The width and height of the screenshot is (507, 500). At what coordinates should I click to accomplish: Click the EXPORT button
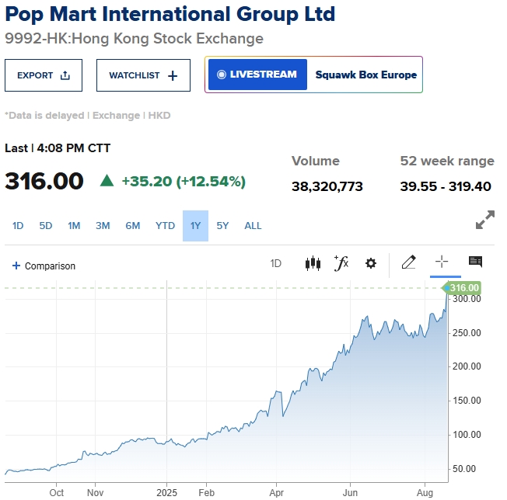(x=44, y=75)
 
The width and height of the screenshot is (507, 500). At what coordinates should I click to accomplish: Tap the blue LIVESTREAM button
(x=257, y=75)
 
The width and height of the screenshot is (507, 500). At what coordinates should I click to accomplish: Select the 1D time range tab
(x=18, y=226)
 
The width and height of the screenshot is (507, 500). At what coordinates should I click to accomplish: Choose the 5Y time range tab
(x=223, y=226)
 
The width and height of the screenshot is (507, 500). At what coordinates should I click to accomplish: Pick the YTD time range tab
(x=165, y=226)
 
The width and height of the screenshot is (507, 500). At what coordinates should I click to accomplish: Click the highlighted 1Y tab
(x=195, y=226)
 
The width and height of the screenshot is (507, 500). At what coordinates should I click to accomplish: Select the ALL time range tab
(x=253, y=226)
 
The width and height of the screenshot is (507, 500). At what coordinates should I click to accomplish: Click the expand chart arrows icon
(x=485, y=220)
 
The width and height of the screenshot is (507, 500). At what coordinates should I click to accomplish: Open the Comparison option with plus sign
(x=44, y=266)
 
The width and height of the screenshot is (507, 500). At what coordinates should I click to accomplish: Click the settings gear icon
(x=371, y=263)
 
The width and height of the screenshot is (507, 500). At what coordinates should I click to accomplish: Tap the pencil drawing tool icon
(x=408, y=262)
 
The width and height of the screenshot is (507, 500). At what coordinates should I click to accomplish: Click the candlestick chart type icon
(x=313, y=263)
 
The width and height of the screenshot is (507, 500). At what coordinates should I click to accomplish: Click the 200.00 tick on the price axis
(x=467, y=366)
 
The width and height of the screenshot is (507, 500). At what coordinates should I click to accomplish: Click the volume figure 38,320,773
(x=327, y=186)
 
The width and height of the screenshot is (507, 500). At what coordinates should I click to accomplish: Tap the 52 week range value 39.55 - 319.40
(x=446, y=186)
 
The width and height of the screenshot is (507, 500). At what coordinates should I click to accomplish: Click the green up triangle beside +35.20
(x=107, y=181)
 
